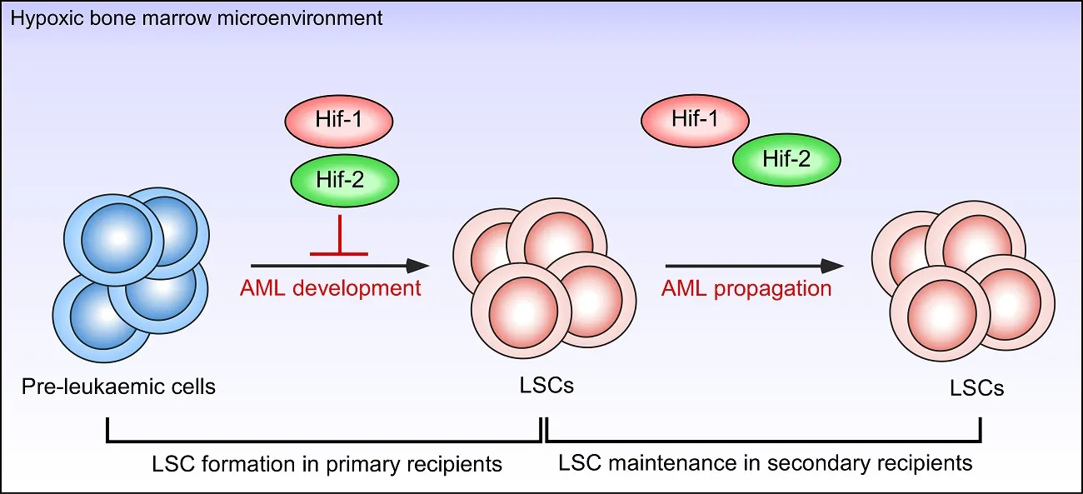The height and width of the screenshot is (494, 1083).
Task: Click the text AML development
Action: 331,289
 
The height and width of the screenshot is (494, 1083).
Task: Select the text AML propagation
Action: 746,289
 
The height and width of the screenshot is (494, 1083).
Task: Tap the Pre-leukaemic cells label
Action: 118,387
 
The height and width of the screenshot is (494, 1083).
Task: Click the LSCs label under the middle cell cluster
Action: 546,387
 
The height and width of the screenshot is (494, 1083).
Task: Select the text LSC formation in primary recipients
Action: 327,462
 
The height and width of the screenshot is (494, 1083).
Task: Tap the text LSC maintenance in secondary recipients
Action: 765,462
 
